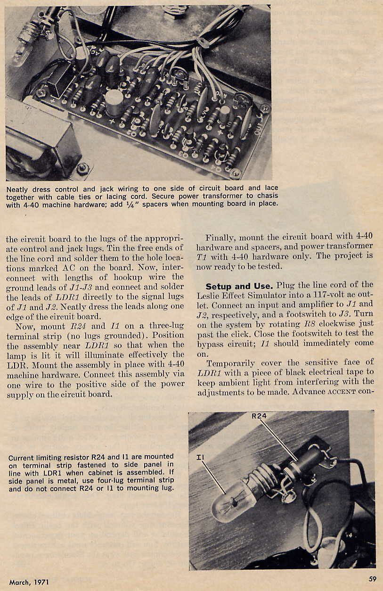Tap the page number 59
pyautogui.click(x=372, y=579)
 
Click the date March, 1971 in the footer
pyautogui.click(x=29, y=583)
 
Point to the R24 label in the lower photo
pyautogui.click(x=260, y=416)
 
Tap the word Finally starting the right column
pyautogui.click(x=220, y=237)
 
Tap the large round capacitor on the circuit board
pyautogui.click(x=114, y=103)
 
